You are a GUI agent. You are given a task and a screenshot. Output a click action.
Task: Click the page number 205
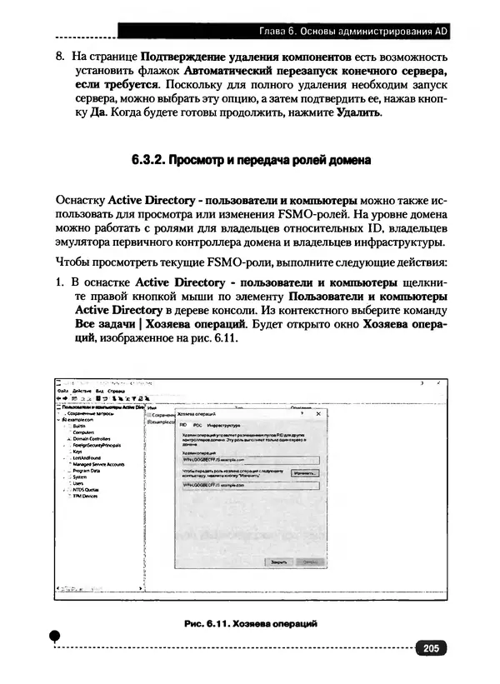point(430,649)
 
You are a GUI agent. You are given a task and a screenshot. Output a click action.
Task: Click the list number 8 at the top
point(59,57)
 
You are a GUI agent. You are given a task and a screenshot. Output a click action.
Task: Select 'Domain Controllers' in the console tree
point(90,438)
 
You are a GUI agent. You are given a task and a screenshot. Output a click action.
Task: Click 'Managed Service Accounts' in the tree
point(97,464)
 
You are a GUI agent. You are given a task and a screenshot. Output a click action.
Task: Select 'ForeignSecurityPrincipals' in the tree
point(97,445)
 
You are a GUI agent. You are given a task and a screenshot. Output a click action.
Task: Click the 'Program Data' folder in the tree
point(86,471)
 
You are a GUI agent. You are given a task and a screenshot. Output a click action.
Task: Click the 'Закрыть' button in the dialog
point(277,562)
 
